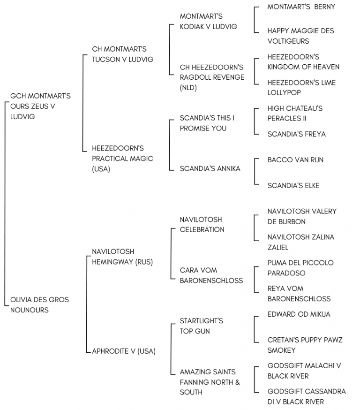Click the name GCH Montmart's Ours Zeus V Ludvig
tap(40, 106)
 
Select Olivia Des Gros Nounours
tap(39, 304)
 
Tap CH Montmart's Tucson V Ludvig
tap(122, 54)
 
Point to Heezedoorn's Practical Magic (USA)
tap(122, 159)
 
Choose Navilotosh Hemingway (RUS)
tap(122, 257)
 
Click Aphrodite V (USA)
tap(124, 351)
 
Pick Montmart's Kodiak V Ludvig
tap(208, 22)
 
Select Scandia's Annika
tap(210, 168)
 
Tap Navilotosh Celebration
tap(202, 224)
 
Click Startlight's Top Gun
tap(201, 326)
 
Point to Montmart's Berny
tap(301, 7)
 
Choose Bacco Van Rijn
tap(295, 160)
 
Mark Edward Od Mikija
tap(299, 314)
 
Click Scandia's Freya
tap(297, 134)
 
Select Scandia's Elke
tap(293, 185)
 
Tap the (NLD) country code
tap(188, 88)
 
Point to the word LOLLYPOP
tap(284, 92)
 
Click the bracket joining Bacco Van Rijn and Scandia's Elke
tap(255, 171)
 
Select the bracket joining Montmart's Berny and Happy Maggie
tap(255, 20)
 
